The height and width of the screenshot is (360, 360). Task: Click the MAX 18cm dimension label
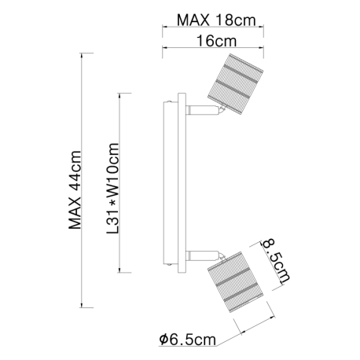216,20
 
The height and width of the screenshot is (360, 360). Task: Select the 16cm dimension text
216,41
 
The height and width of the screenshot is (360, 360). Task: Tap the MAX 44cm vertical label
75,190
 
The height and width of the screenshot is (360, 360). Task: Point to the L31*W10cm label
113,188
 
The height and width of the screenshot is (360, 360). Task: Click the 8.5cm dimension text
277,260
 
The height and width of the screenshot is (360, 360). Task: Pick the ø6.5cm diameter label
188,340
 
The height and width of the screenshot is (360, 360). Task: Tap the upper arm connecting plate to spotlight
202,110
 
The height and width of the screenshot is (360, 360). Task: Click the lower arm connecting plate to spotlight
202,255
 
